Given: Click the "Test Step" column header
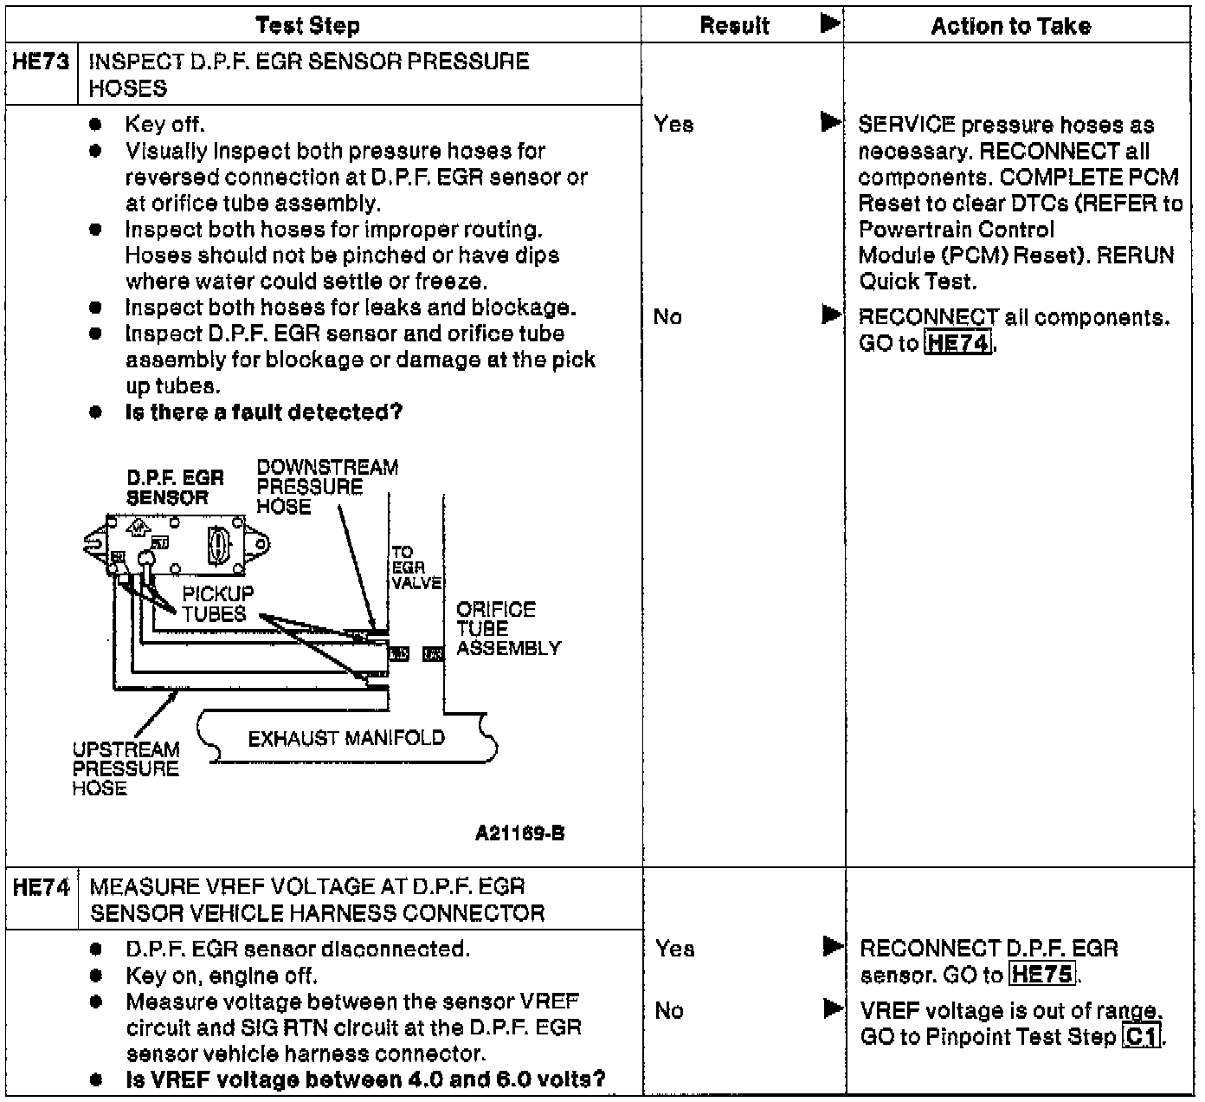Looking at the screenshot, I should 307,25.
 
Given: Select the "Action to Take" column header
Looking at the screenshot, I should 1010,26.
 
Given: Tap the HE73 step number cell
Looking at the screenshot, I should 41,62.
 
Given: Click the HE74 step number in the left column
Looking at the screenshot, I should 41,887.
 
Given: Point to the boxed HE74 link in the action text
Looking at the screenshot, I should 957,343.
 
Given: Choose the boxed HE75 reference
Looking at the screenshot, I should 1042,975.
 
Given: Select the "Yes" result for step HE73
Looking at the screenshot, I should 673,124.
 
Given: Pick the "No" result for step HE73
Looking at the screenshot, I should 667,317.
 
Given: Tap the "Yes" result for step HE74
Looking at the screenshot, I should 674,949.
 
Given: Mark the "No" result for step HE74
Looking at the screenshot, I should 668,1011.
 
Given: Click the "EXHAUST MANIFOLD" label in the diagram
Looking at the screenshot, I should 346,738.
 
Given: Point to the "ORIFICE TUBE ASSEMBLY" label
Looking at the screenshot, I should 508,629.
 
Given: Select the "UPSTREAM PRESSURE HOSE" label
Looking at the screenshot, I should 126,768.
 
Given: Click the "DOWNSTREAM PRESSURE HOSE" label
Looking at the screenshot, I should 327,487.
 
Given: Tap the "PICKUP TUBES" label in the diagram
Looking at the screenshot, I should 217,604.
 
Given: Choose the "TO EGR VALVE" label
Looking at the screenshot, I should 415,567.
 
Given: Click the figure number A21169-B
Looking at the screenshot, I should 519,833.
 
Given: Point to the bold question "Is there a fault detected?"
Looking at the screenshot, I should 263,412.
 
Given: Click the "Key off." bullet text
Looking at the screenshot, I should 164,125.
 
